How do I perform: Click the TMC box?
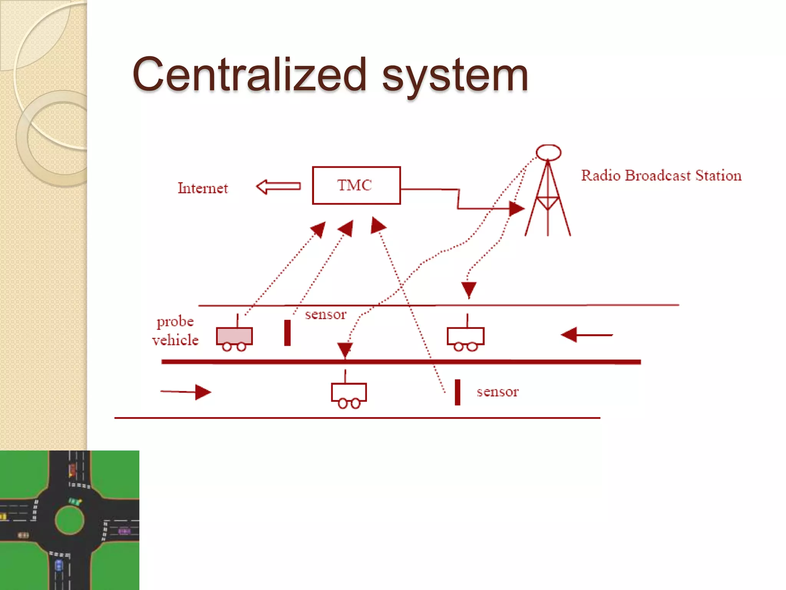coord(356,186)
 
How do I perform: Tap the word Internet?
coord(203,188)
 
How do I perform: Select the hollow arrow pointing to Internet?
coord(278,187)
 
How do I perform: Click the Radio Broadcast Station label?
coord(661,176)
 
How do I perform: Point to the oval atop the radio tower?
coord(548,152)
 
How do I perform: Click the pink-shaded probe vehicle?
coord(234,336)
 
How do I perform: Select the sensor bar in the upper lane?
coord(287,333)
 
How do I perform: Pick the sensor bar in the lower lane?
coord(457,392)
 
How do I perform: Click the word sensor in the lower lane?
coord(497,392)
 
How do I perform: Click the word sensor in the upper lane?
coord(325,315)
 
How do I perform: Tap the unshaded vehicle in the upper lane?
coord(466,337)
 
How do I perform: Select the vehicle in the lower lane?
coord(349,393)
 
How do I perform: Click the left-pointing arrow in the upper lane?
coord(586,335)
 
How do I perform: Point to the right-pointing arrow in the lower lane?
coord(186,392)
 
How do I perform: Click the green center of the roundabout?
coord(69,520)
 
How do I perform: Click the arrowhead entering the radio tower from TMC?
coord(516,209)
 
